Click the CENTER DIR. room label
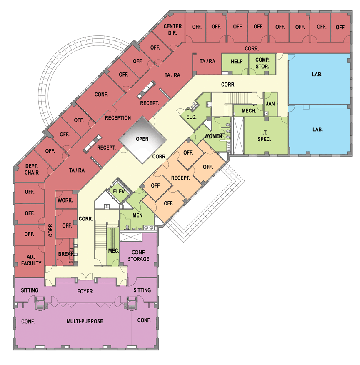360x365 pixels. (x=172, y=30)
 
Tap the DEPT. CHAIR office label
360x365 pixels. (x=32, y=169)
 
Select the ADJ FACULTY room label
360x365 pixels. (x=31, y=260)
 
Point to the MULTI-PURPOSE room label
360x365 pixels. (x=85, y=321)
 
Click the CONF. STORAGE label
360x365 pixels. (x=138, y=255)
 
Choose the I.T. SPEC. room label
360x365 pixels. (x=264, y=136)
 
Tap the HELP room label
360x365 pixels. (x=237, y=61)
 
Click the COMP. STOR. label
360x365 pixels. (x=262, y=63)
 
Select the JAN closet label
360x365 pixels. (x=270, y=104)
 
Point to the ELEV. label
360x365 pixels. (x=119, y=191)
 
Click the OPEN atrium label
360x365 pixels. (x=142, y=139)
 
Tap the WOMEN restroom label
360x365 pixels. (x=213, y=136)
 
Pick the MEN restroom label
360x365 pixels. (x=137, y=215)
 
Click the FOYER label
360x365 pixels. (x=85, y=291)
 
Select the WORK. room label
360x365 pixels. (x=65, y=200)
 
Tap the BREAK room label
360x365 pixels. (x=66, y=254)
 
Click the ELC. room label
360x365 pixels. (x=191, y=117)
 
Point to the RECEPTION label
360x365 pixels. (x=118, y=118)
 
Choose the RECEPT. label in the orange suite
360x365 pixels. (x=180, y=178)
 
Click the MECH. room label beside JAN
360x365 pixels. (x=249, y=111)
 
